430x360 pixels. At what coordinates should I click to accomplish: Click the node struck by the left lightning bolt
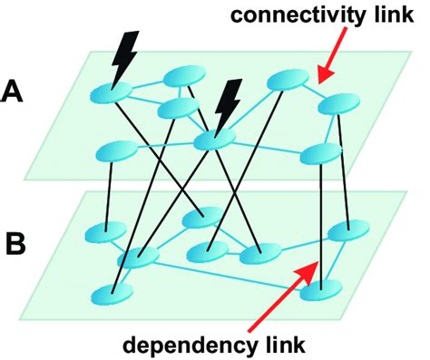[114, 90]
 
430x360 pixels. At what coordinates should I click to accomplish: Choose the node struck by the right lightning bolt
[215, 138]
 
